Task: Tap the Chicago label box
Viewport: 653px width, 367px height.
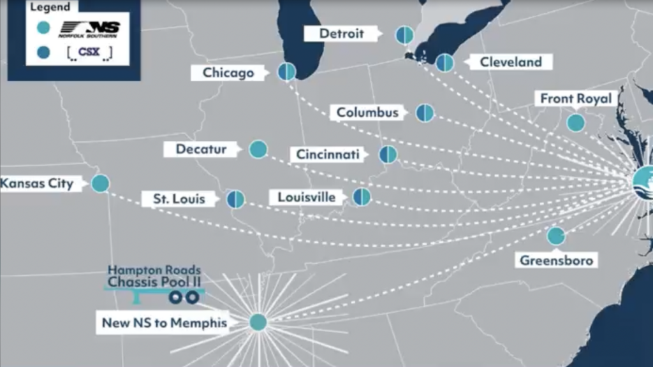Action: click(x=228, y=73)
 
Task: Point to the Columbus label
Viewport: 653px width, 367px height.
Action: click(x=367, y=113)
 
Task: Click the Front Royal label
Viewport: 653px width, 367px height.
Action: click(x=575, y=99)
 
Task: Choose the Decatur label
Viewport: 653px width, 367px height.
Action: click(x=202, y=149)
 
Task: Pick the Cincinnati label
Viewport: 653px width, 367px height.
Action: click(x=328, y=154)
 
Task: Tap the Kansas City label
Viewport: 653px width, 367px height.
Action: click(x=38, y=183)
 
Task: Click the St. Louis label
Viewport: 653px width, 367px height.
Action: click(x=179, y=199)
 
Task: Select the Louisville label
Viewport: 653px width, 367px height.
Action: click(x=306, y=197)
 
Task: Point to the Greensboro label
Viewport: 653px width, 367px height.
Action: click(x=557, y=260)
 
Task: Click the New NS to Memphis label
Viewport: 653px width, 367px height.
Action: click(x=165, y=322)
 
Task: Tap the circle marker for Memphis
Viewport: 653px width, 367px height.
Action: click(x=258, y=322)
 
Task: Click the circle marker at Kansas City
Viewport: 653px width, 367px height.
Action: click(x=100, y=183)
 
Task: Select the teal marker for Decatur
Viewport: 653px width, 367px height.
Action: click(x=258, y=149)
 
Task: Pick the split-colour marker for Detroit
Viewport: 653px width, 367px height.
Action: click(x=404, y=34)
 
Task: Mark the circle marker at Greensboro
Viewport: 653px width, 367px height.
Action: click(x=556, y=236)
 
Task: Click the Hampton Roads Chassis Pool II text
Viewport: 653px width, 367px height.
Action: click(x=154, y=276)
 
